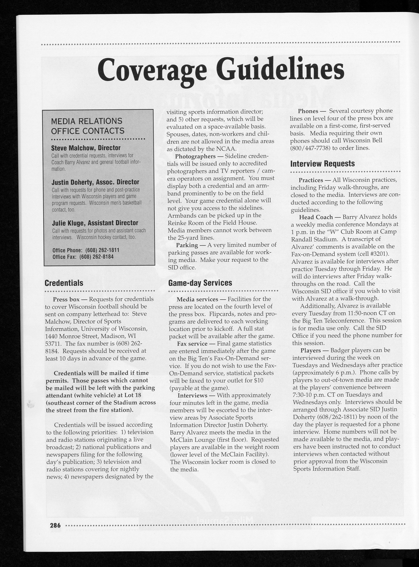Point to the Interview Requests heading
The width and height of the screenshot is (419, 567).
click(x=323, y=164)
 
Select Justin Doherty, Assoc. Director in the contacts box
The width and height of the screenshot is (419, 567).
click(x=95, y=182)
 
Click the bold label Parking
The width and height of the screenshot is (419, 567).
click(x=187, y=245)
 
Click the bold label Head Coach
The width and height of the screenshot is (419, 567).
click(x=316, y=217)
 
